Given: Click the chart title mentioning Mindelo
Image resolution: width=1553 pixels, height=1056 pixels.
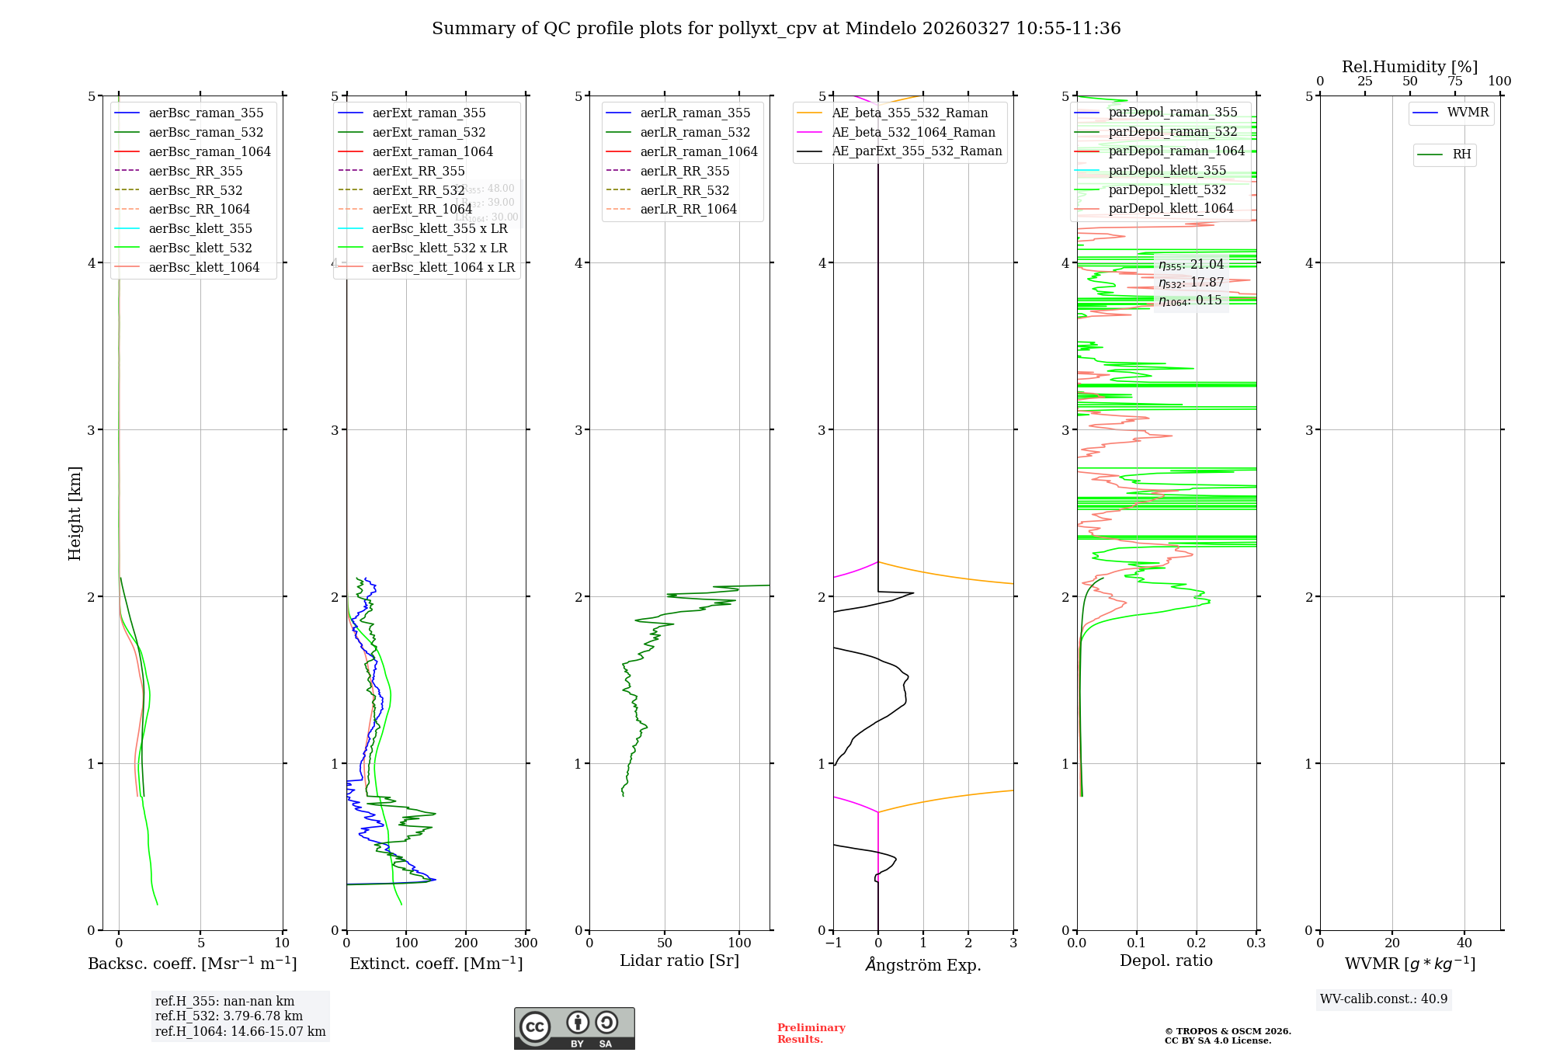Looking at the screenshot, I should (776, 29).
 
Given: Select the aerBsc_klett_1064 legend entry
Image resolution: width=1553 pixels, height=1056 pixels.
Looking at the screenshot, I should (203, 267).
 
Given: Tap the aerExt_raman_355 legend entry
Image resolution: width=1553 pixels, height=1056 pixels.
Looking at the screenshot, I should (429, 113).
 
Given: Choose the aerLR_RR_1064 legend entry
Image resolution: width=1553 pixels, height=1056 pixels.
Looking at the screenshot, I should (688, 209).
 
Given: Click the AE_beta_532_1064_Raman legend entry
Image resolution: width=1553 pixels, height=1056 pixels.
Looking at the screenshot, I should (913, 132).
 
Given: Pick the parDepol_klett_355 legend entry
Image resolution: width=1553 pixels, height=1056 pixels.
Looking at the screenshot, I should (1167, 170).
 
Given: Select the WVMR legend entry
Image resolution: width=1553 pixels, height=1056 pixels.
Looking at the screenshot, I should (1468, 113).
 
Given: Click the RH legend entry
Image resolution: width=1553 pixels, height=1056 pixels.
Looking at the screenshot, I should (1461, 155).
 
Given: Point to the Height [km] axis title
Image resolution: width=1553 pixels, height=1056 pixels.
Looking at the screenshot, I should (75, 512).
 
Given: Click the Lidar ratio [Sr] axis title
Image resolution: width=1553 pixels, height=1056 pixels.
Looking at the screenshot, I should (679, 960).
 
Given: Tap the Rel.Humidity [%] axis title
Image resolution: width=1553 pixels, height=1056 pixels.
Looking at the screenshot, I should (1409, 67).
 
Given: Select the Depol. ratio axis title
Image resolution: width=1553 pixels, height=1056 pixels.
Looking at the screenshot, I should (1166, 960).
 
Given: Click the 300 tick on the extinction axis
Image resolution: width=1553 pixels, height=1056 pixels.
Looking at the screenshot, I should (526, 943).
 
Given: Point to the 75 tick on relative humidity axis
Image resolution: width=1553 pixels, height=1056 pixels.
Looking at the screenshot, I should (1454, 82).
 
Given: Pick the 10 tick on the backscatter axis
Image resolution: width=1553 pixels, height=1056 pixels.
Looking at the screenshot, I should (282, 943).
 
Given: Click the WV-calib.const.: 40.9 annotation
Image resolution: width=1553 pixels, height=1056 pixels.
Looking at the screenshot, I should (1384, 999).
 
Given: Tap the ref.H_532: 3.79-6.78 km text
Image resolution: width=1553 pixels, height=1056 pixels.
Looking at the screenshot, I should (229, 1016).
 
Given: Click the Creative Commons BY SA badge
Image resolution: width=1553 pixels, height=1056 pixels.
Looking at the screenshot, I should (574, 1029).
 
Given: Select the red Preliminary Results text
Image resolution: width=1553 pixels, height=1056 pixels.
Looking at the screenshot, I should (811, 1033).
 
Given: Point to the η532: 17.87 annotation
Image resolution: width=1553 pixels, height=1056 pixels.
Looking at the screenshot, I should (1191, 283).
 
